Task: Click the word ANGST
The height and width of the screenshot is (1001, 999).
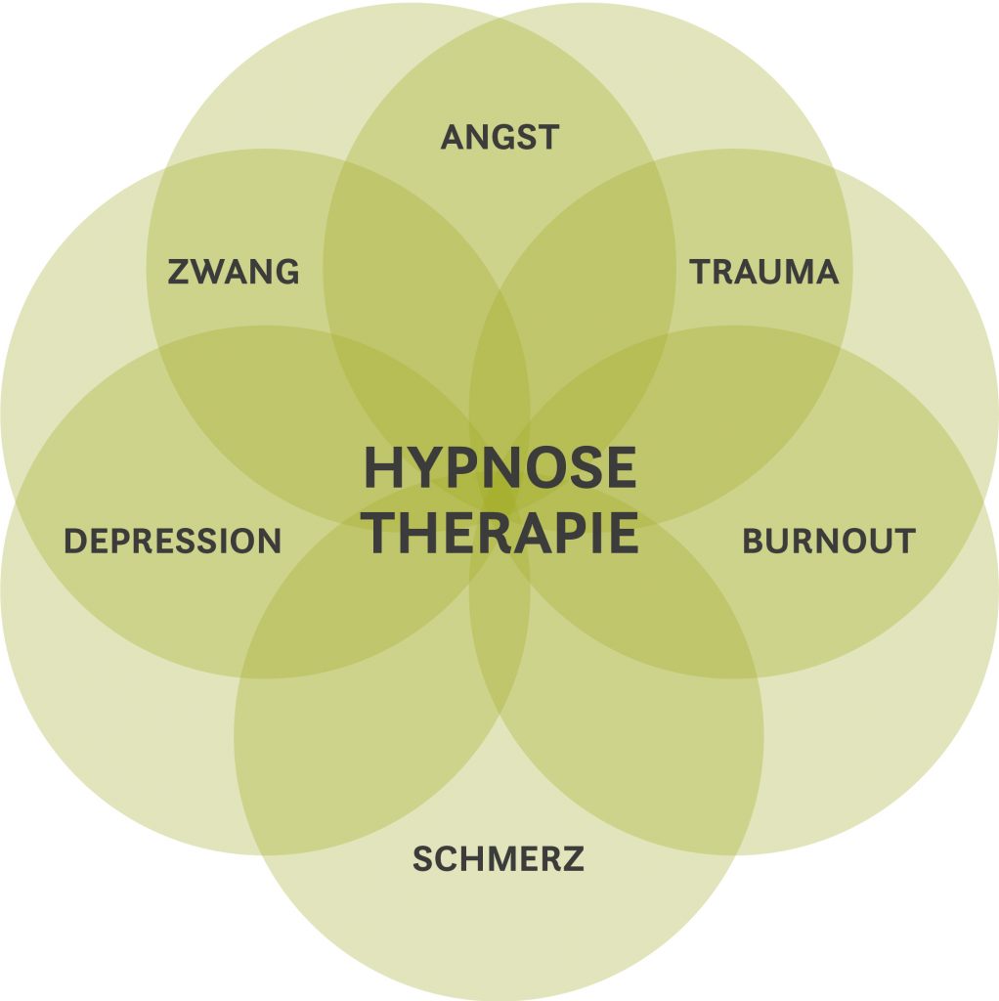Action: click(x=499, y=137)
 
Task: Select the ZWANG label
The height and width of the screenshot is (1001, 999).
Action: click(x=233, y=271)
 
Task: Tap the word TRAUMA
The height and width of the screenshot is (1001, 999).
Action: click(x=764, y=271)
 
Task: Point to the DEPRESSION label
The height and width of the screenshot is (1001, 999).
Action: click(x=172, y=541)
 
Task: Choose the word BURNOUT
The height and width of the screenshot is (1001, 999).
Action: click(x=829, y=541)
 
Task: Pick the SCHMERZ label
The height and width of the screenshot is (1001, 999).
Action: click(x=498, y=859)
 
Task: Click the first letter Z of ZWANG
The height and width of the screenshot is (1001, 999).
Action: click(x=177, y=271)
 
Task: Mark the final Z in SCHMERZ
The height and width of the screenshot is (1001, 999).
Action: click(x=574, y=859)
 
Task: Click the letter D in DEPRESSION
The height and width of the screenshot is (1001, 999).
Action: click(x=74, y=541)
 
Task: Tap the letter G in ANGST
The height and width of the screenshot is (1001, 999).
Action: click(x=505, y=137)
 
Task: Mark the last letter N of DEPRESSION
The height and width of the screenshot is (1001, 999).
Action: click(x=270, y=541)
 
